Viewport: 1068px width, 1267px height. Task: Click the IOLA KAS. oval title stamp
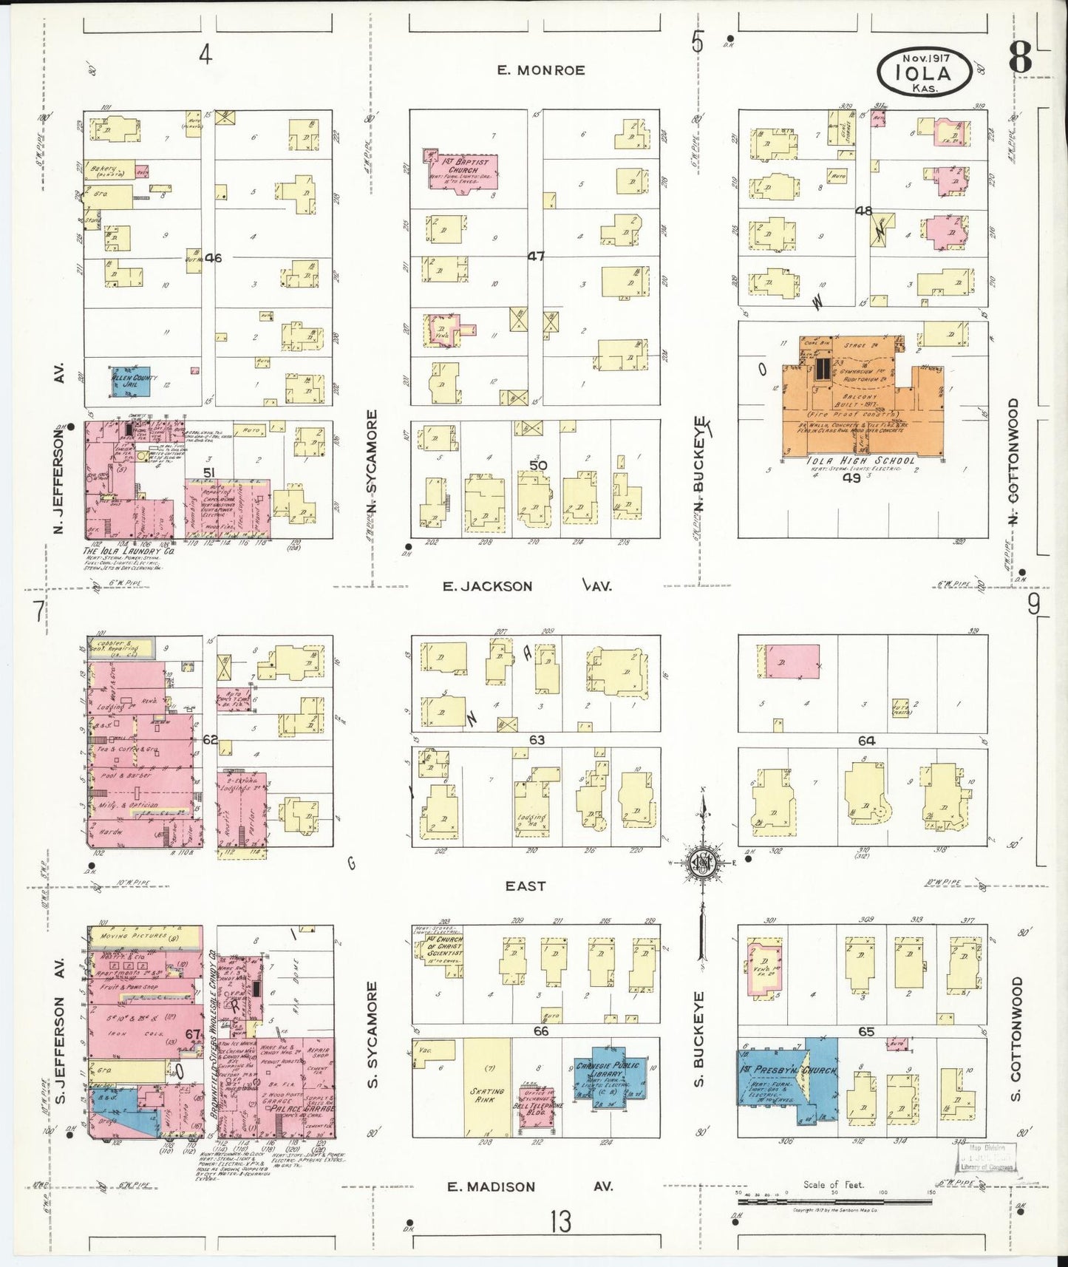coord(924,72)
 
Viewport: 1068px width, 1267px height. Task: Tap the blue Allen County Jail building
coord(132,382)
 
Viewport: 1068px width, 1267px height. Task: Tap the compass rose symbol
coord(703,863)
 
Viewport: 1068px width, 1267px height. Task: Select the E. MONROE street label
coord(541,70)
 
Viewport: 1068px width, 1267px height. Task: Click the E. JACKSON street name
coord(488,586)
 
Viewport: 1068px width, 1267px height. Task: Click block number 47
coord(536,257)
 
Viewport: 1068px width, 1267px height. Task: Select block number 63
coord(537,739)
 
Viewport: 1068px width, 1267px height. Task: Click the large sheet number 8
coord(1021,57)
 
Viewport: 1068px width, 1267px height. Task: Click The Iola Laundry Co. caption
coord(129,551)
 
